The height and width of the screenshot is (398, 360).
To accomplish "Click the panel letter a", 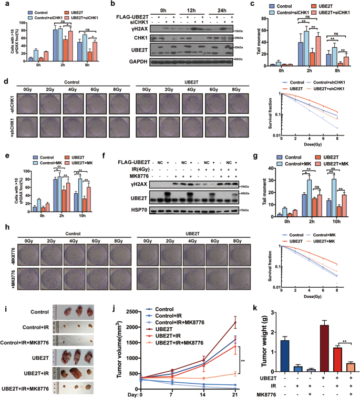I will coord(4,4).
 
